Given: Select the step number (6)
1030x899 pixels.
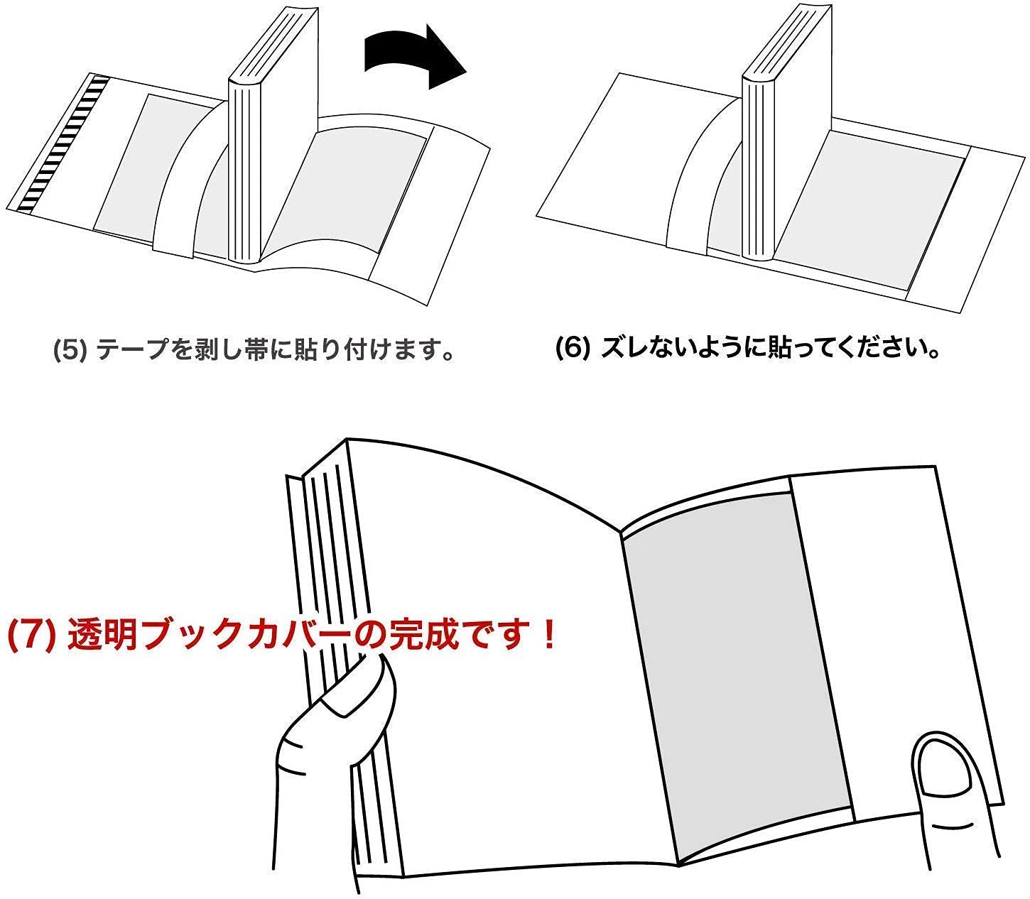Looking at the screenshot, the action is pyautogui.click(x=572, y=348).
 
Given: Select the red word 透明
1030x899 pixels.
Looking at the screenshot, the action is pyautogui.click(x=102, y=635).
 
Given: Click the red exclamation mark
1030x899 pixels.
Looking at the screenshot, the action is pyautogui.click(x=549, y=634).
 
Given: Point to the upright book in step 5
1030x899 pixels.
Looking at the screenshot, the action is pyautogui.click(x=273, y=136).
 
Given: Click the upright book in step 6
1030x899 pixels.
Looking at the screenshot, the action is pyautogui.click(x=786, y=134).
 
